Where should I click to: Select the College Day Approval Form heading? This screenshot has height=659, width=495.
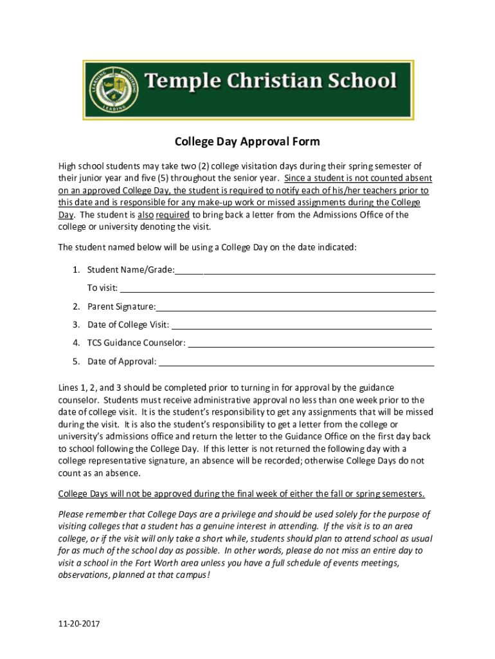pos(248,142)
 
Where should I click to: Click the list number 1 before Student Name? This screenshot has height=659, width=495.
pos(76,270)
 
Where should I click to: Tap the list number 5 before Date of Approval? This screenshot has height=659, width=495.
pos(76,362)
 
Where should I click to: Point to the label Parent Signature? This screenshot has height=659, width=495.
pos(122,306)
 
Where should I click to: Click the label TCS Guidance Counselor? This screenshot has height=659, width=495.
pos(136,343)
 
